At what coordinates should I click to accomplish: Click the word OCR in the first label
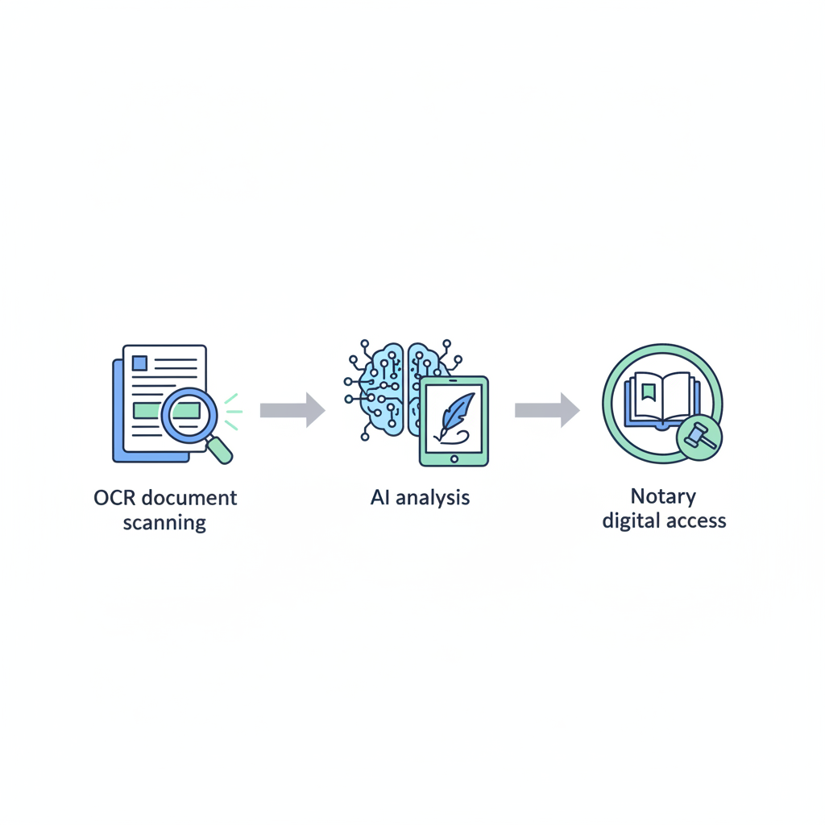tap(114, 498)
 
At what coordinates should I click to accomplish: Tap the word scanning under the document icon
tap(164, 523)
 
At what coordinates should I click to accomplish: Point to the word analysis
tap(433, 498)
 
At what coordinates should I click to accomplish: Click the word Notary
tap(663, 496)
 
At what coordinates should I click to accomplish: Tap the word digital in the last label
tap(631, 521)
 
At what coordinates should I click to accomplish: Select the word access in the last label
tap(696, 521)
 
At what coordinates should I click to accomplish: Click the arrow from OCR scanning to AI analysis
tap(292, 410)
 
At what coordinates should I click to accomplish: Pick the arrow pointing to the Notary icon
tap(547, 410)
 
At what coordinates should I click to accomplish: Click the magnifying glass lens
tap(189, 415)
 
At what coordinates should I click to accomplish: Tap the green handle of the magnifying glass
tap(220, 450)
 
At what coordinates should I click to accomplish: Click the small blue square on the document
tap(139, 363)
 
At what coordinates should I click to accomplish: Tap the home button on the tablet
tap(454, 459)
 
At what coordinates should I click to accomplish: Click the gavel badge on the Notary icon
tap(699, 437)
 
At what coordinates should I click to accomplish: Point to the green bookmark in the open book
tap(649, 392)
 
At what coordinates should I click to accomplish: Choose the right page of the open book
tap(677, 396)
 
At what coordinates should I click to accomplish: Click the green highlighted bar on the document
tap(166, 410)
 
